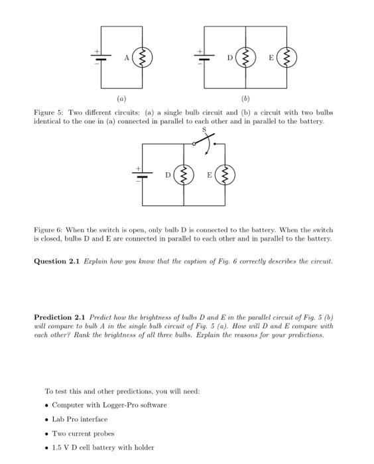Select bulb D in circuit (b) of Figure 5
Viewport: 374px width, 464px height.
pos(246,58)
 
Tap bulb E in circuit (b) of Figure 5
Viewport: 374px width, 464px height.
pos(286,58)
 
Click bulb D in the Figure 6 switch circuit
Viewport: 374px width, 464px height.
pos(184,175)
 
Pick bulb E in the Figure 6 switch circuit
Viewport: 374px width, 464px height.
pos(225,175)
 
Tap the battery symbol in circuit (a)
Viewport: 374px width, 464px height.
pos(101,58)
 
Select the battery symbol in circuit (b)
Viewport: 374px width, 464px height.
pos(204,58)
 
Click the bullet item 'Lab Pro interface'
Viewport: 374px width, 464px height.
pos(80,419)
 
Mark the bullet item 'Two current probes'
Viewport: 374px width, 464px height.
pos(83,434)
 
